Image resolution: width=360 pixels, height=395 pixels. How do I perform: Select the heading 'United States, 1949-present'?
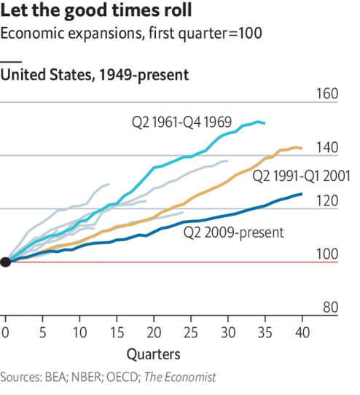coord(95,74)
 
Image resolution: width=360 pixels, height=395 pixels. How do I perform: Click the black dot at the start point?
coord(6,262)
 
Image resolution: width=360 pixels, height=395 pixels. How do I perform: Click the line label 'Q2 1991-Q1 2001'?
coord(302,176)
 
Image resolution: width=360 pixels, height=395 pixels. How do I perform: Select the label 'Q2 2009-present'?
coord(233,233)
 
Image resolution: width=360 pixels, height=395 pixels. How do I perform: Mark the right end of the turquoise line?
coord(265,123)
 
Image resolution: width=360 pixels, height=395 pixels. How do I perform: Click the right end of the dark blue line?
coord(302,194)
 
